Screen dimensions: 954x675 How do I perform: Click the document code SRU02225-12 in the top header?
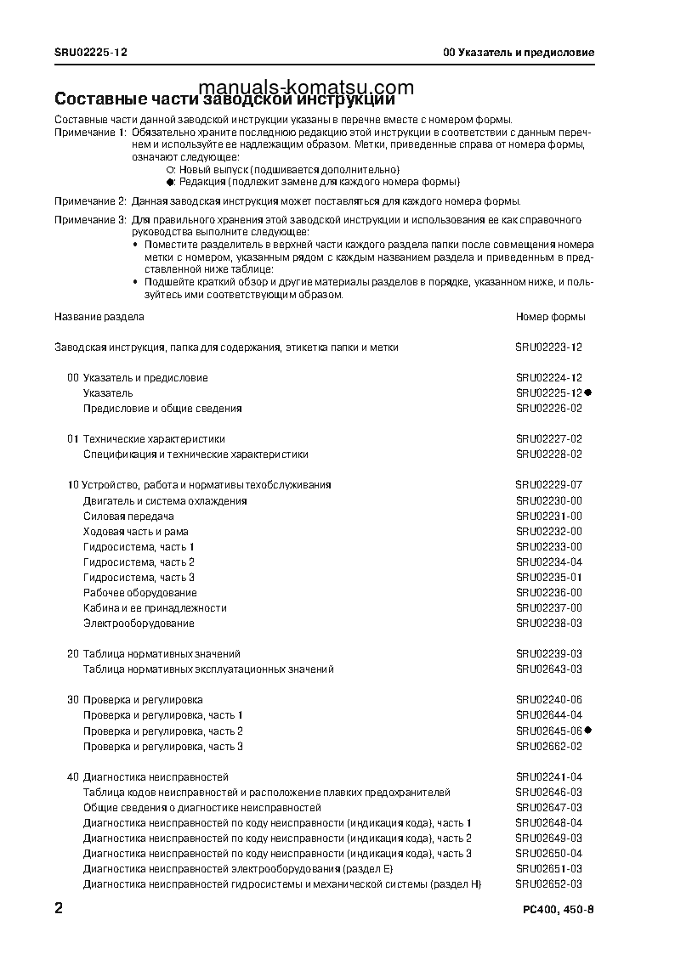coord(91,52)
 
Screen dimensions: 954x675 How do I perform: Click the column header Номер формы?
coord(550,317)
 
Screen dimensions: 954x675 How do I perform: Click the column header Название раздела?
coord(99,317)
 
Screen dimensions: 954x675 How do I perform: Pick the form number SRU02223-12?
coord(548,347)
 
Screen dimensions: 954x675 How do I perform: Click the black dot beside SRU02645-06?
coord(587,731)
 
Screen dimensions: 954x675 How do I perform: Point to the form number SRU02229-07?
coord(548,485)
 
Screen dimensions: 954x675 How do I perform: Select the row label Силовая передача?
coord(128,516)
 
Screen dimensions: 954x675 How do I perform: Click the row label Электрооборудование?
coord(139,624)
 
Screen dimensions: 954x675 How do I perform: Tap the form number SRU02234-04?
coord(548,562)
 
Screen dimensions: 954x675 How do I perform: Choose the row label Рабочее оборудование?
coord(139,593)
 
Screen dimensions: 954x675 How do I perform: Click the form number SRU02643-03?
coord(548,669)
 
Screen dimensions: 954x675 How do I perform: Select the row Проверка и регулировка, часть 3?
coord(163,747)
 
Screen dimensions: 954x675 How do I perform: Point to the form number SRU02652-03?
coord(548,884)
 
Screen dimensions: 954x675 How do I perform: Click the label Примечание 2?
coord(90,201)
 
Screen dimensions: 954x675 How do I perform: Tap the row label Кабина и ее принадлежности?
coord(155,608)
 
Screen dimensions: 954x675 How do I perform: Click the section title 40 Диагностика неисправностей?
coord(147,777)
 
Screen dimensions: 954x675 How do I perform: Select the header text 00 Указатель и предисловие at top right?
coord(519,52)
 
